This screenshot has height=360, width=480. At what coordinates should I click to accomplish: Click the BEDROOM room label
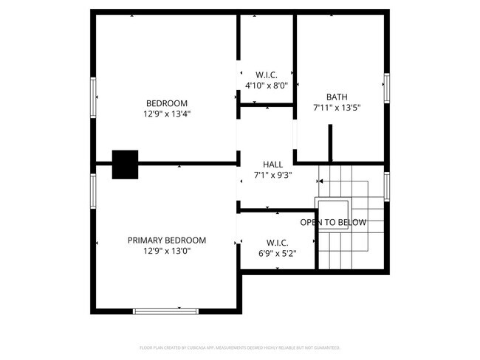pyautogui.click(x=166, y=103)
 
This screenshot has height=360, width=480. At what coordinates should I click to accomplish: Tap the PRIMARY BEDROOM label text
pyautogui.click(x=166, y=240)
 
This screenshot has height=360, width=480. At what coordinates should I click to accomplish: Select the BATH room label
pyautogui.click(x=337, y=97)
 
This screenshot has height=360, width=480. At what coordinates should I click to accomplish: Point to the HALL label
pyautogui.click(x=272, y=164)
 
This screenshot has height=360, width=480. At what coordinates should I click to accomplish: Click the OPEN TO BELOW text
pyautogui.click(x=333, y=222)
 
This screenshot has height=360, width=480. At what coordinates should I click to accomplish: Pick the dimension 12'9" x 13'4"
pyautogui.click(x=166, y=114)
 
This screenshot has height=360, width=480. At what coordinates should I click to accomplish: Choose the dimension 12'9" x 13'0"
pyautogui.click(x=166, y=251)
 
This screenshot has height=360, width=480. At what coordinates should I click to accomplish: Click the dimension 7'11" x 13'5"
pyautogui.click(x=337, y=108)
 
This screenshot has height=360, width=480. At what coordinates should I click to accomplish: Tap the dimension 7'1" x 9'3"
pyautogui.click(x=272, y=175)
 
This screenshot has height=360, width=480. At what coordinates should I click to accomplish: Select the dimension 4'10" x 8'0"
pyautogui.click(x=266, y=86)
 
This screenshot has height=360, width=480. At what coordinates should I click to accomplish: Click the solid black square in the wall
pyautogui.click(x=125, y=164)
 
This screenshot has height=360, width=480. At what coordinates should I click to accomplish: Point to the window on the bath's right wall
pyautogui.click(x=386, y=89)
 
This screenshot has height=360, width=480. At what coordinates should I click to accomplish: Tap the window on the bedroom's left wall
pyautogui.click(x=93, y=97)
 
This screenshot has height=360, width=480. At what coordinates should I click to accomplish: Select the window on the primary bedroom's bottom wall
pyautogui.click(x=165, y=311)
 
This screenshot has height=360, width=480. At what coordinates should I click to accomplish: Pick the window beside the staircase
pyautogui.click(x=386, y=186)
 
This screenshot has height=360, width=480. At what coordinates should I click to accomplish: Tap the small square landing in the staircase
pyautogui.click(x=332, y=207)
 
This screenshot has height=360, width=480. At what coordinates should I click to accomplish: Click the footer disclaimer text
pyautogui.click(x=239, y=347)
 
